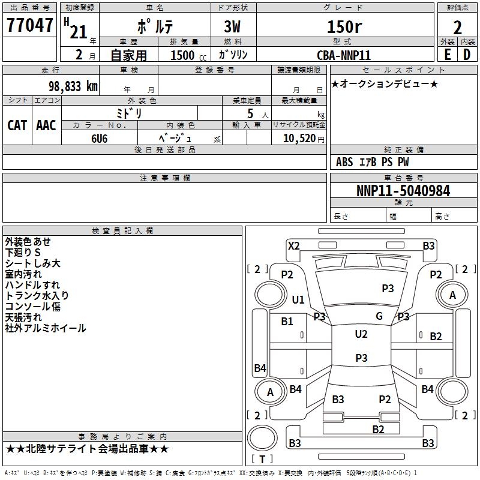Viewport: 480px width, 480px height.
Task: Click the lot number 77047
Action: coord(29,25)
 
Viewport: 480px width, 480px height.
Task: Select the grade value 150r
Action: coord(344,26)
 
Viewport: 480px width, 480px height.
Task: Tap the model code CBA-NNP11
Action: coord(344,55)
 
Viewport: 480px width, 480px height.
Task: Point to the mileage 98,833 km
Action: coord(73,86)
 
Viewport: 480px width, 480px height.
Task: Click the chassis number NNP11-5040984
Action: coord(403,191)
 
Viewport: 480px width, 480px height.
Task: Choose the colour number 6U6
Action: coord(99,139)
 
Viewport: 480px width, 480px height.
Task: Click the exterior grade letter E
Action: coord(448,55)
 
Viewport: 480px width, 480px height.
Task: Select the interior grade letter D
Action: coord(467,55)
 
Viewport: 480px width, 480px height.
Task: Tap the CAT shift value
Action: coord(17,125)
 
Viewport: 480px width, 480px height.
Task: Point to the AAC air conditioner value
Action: coord(46,125)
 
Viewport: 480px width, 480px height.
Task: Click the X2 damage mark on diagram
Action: coord(294,246)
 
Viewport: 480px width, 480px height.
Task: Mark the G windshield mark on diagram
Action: coord(379,316)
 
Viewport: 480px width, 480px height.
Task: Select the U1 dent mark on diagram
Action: coord(298,299)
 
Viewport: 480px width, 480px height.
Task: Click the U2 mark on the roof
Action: coord(361,334)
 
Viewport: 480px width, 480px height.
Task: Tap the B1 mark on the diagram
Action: coord(287,322)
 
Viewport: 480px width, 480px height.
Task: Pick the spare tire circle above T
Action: coord(262,438)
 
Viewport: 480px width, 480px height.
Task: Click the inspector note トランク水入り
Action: coord(37,295)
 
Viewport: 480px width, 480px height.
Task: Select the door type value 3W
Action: coord(232,26)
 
